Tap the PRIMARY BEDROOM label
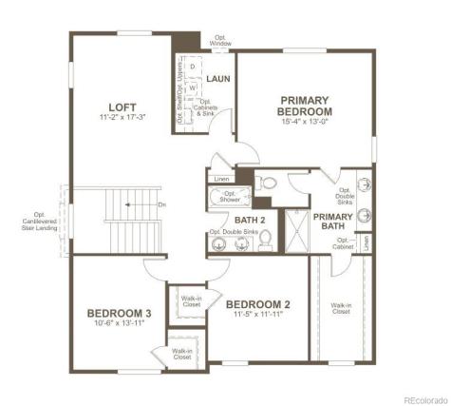(x=304, y=106)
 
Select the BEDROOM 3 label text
(x=119, y=314)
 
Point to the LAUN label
(x=219, y=79)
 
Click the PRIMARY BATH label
(x=333, y=222)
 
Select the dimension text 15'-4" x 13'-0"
(x=304, y=121)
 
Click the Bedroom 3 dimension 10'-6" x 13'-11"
(x=119, y=325)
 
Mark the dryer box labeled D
(x=192, y=68)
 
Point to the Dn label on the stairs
(x=162, y=203)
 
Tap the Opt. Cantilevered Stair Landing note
(x=40, y=227)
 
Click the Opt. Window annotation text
(x=220, y=42)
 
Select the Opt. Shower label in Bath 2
(x=230, y=197)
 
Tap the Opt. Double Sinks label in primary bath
(x=345, y=195)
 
